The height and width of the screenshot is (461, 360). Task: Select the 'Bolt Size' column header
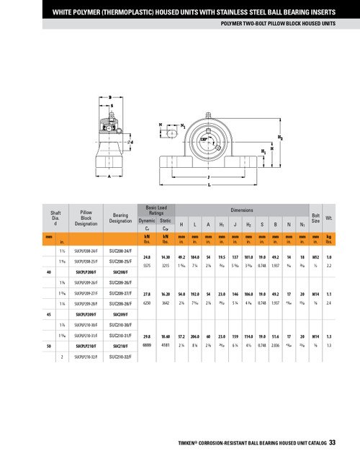click(315, 215)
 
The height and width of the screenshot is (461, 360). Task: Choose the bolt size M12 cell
click(315, 256)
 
